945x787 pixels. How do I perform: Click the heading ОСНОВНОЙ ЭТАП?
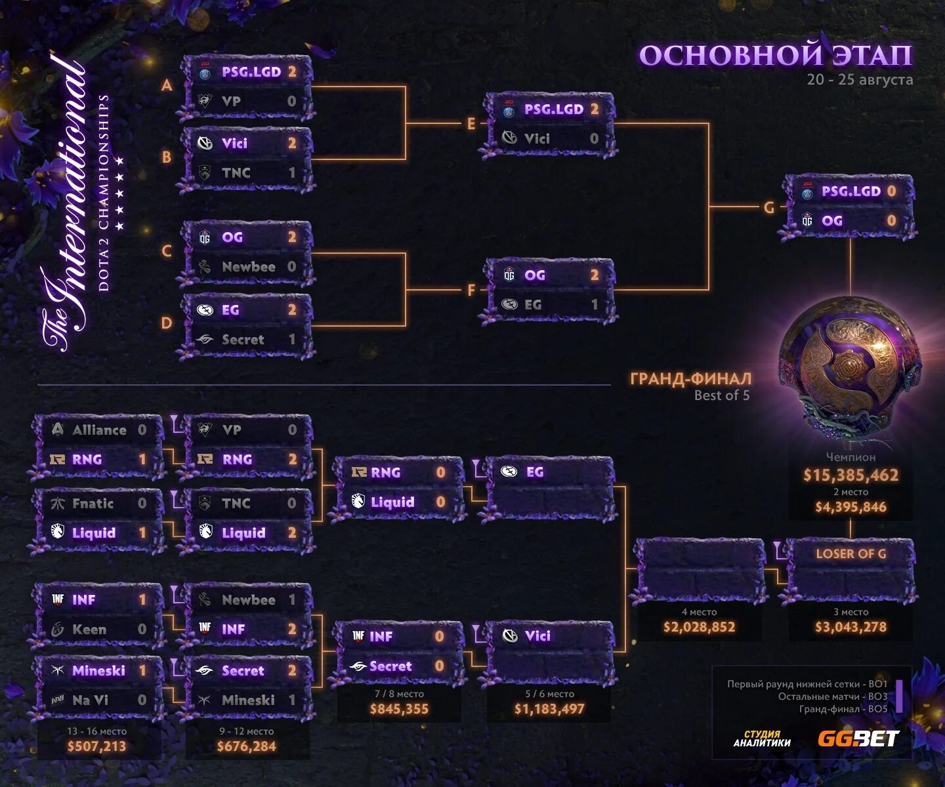tap(775, 56)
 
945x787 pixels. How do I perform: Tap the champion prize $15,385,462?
tap(850, 475)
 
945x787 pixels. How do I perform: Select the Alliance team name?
tap(99, 430)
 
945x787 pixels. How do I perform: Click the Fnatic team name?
tap(93, 504)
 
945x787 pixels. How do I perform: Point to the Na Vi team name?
tap(90, 700)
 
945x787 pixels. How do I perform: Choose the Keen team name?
tap(89, 630)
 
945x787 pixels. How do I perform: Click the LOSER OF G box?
tap(850, 554)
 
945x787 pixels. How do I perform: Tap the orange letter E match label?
tap(471, 124)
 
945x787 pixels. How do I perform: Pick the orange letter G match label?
tap(768, 208)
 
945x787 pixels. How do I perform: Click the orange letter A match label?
tap(167, 85)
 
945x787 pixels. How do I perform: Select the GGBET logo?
tap(858, 739)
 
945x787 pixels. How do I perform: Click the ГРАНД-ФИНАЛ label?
tap(690, 378)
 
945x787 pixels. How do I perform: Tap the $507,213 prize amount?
tap(96, 746)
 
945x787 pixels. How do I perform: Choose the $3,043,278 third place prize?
tap(850, 627)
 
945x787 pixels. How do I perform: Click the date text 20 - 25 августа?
tap(860, 80)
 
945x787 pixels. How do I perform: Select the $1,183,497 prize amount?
tap(549, 709)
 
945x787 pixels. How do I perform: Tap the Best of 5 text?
tap(722, 395)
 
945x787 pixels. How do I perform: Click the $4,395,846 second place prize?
tap(850, 507)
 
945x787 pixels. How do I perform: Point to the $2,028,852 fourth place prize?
tap(699, 627)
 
